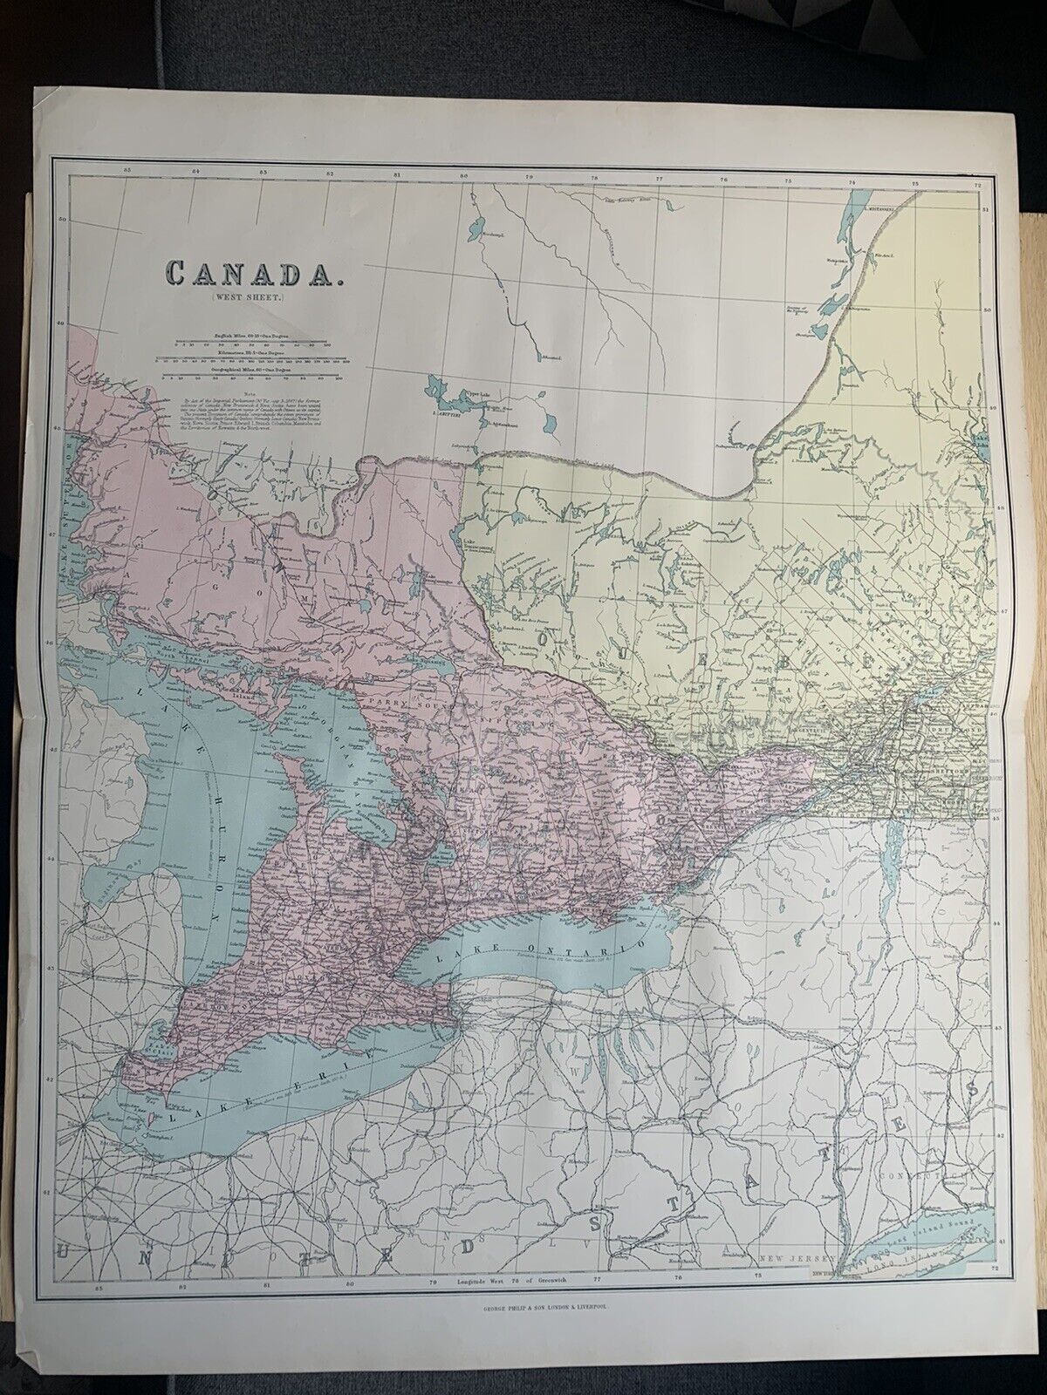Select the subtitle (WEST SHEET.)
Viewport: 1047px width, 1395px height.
tap(252, 302)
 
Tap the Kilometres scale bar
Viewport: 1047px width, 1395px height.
tap(252, 360)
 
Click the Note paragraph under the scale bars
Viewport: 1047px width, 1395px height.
tap(252, 415)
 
